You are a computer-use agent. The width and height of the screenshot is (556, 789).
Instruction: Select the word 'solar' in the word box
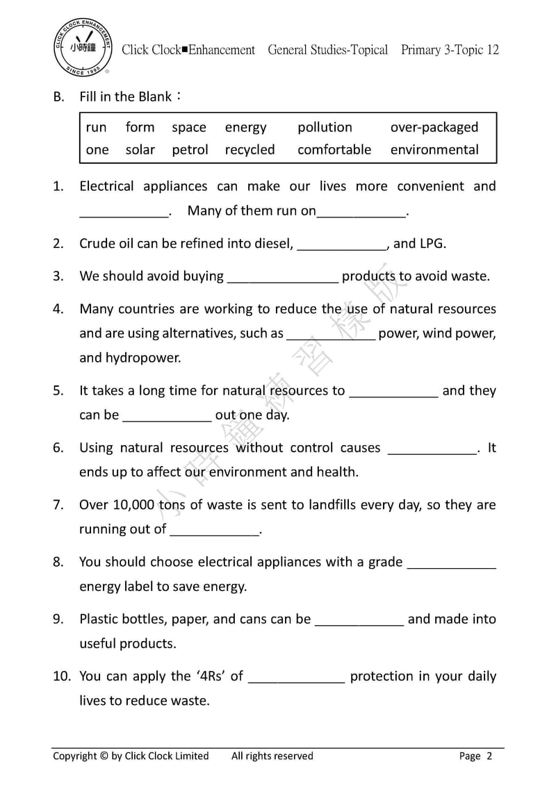pyautogui.click(x=140, y=149)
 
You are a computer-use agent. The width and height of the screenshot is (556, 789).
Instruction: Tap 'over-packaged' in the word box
pyautogui.click(x=434, y=127)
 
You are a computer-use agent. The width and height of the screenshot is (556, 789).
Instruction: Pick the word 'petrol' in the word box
pyautogui.click(x=190, y=149)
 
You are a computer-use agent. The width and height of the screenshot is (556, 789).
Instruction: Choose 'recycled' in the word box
pyautogui.click(x=250, y=149)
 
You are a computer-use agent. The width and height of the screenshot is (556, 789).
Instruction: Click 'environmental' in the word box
pyautogui.click(x=434, y=149)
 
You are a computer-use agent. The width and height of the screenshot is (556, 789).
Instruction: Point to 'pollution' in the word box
pyautogui.click(x=325, y=127)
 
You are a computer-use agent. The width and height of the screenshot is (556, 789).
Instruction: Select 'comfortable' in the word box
pyautogui.click(x=334, y=149)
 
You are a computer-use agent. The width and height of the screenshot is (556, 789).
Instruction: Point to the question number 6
pyautogui.click(x=58, y=448)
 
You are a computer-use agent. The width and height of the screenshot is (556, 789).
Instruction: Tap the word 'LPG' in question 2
pyautogui.click(x=431, y=243)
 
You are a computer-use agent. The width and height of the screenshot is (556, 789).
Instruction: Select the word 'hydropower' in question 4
pyautogui.click(x=142, y=358)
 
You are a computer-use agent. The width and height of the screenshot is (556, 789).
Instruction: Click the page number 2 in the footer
pyautogui.click(x=489, y=756)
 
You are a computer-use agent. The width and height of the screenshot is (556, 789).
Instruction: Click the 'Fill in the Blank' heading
pyautogui.click(x=126, y=97)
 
